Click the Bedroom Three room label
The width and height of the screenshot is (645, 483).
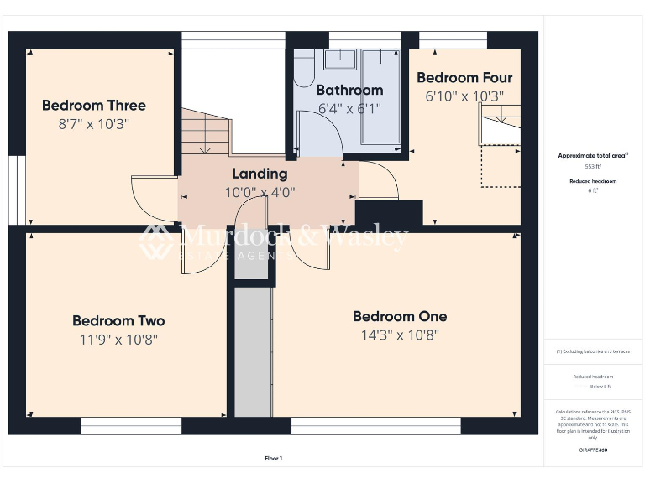[x=93, y=106]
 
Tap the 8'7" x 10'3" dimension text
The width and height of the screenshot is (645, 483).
[x=93, y=124]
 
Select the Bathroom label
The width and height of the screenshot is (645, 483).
[x=349, y=90]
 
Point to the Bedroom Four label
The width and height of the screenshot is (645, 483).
[x=464, y=78]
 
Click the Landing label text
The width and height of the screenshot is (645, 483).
[x=260, y=174]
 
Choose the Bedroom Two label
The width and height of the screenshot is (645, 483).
[x=118, y=320]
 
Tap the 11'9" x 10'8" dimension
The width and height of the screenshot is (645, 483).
[x=118, y=340]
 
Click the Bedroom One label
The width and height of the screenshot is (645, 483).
[x=399, y=316]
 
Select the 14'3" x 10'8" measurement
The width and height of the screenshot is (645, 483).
[x=399, y=335]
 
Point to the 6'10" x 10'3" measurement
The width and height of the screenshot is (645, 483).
[x=464, y=96]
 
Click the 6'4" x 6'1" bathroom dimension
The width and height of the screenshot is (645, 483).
[x=349, y=108]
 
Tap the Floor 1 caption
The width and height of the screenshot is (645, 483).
[x=274, y=458]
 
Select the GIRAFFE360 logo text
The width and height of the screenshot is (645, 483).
[x=594, y=450]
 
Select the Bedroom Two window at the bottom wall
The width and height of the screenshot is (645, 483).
[x=131, y=426]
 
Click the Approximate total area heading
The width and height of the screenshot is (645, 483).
[x=594, y=156]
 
